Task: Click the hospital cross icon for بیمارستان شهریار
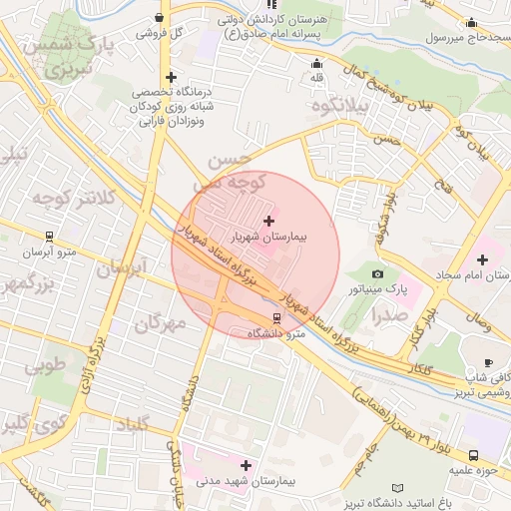point(269,220)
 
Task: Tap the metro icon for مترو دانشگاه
point(277,319)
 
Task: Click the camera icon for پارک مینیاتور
point(376,273)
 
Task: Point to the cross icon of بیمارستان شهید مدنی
point(246,465)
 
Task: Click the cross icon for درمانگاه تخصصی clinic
point(171,77)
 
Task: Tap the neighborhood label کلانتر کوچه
point(68,198)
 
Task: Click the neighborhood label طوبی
point(43,365)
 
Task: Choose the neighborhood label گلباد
point(132,424)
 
